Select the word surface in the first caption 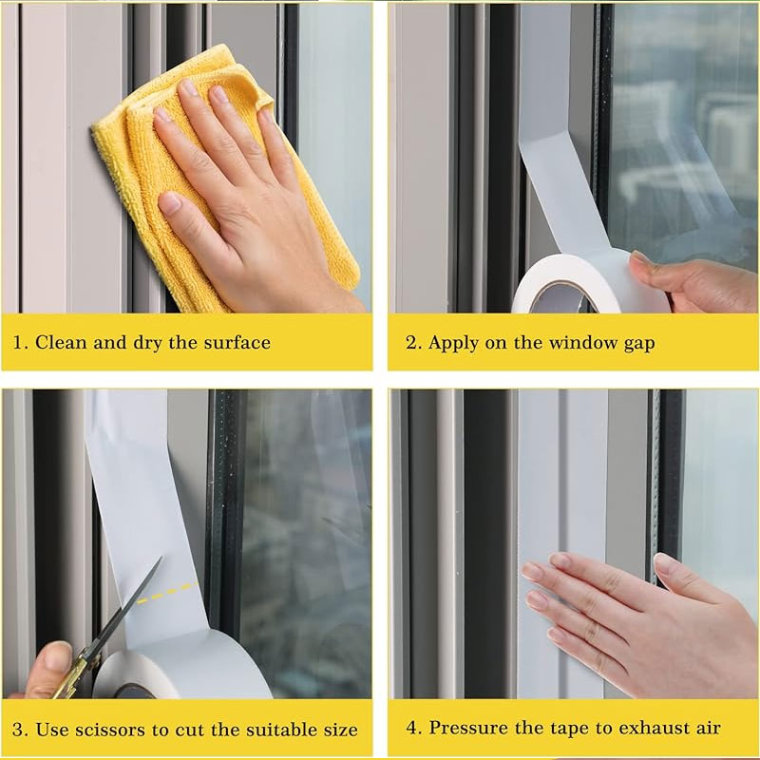[237, 343]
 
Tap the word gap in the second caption [639, 345]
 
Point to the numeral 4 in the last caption [411, 728]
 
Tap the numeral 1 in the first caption [18, 343]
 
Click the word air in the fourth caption [708, 728]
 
